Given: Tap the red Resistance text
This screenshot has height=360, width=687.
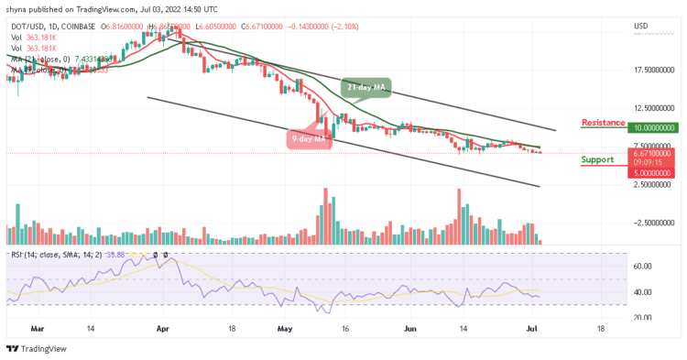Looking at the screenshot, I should [603, 123].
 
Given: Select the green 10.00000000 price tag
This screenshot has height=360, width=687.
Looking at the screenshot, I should [653, 129].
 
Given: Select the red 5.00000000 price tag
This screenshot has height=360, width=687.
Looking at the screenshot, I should [653, 172].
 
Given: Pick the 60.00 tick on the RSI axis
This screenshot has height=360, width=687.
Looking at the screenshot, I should [642, 267].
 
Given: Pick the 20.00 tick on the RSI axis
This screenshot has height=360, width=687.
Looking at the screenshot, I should [642, 317].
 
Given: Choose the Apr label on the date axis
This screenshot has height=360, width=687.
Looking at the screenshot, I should [163, 327].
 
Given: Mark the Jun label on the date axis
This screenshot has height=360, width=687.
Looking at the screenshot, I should [409, 327].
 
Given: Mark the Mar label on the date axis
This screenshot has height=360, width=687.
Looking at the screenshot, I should [38, 327].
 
